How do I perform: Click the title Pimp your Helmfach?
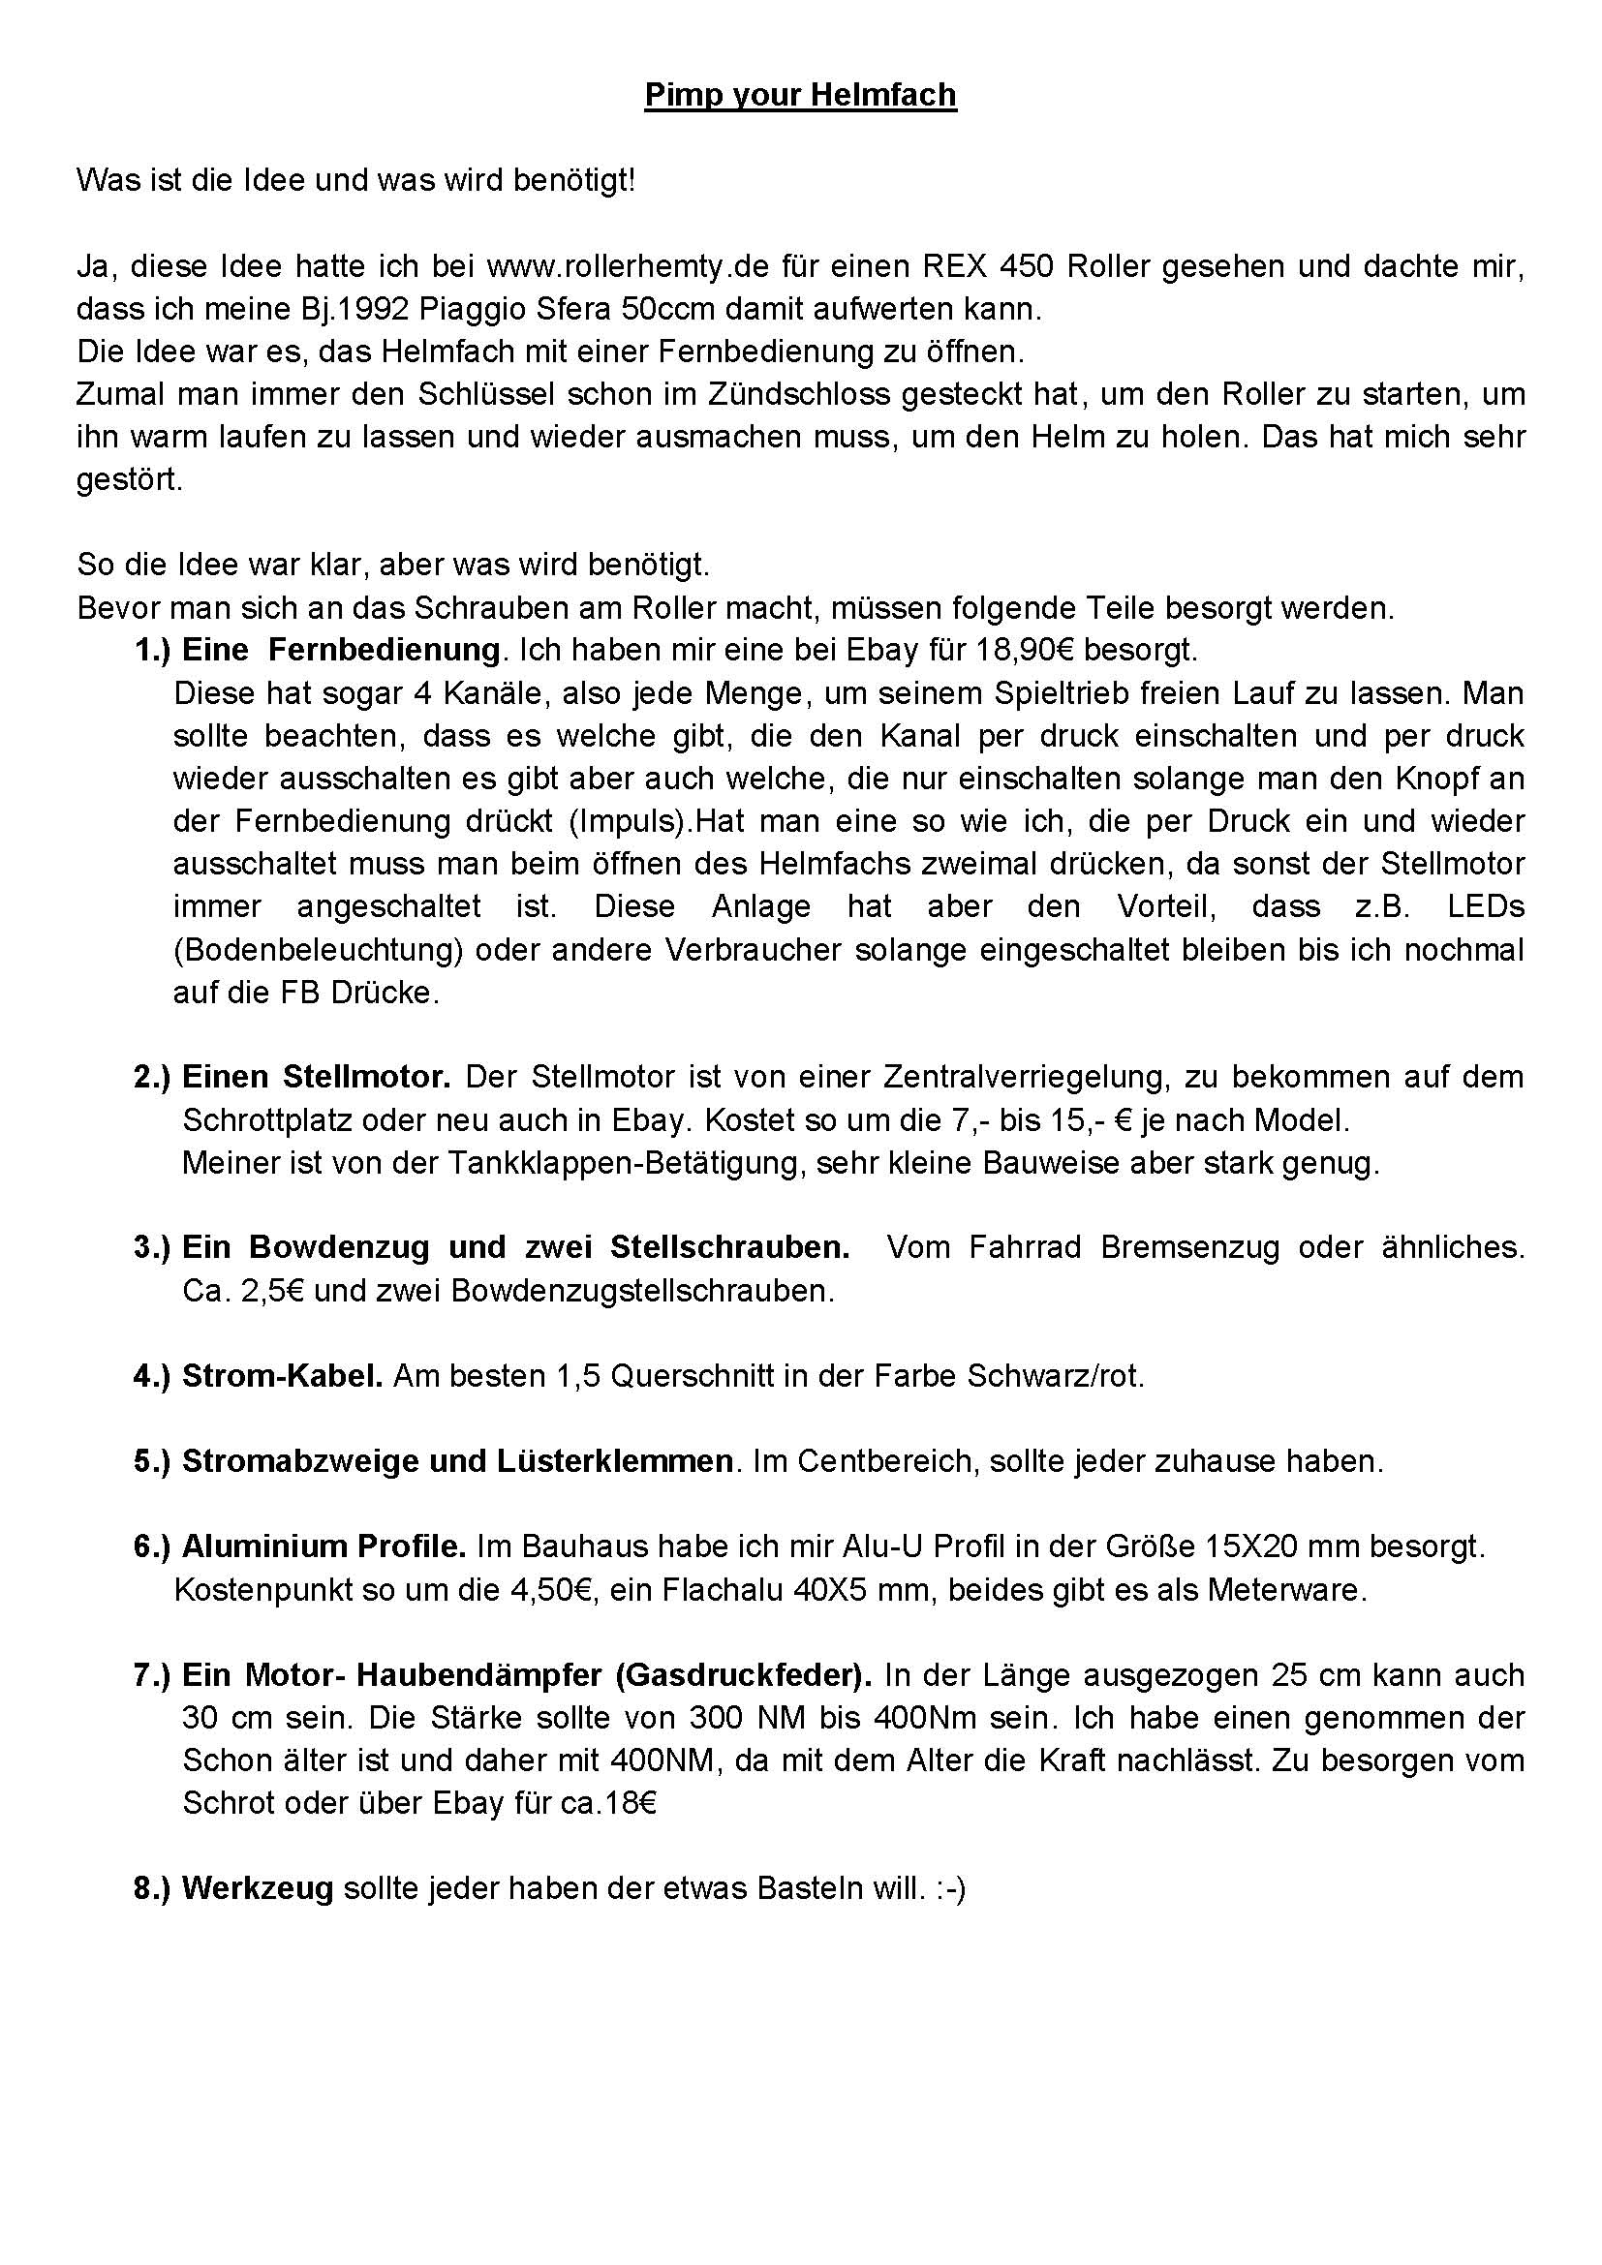(800, 96)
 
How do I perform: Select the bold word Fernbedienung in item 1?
(384, 650)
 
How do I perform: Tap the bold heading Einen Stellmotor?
(317, 1076)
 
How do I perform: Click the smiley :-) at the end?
(952, 1888)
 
